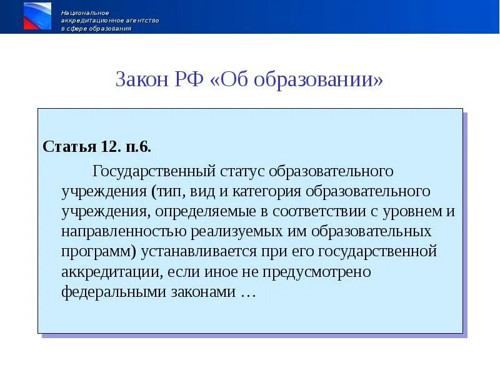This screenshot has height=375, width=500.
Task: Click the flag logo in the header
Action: (37, 16)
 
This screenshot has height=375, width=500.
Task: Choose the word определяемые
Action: (193, 211)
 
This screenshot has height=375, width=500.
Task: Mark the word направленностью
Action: (124, 231)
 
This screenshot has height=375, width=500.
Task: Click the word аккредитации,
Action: (109, 272)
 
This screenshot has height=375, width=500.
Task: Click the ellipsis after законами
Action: (248, 293)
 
